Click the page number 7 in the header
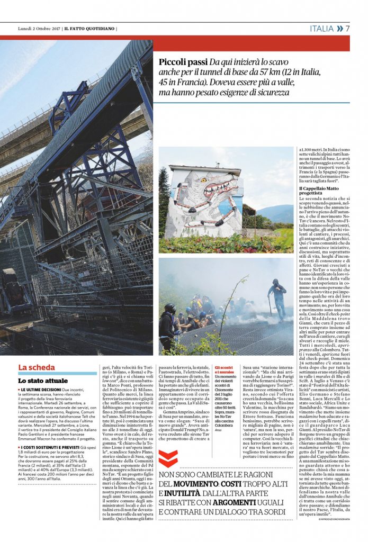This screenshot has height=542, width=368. (x=348, y=29)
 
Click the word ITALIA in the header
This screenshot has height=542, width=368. (x=322, y=29)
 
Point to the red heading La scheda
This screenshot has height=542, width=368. (x=37, y=367)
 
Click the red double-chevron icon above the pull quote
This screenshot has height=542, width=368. (x=168, y=458)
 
